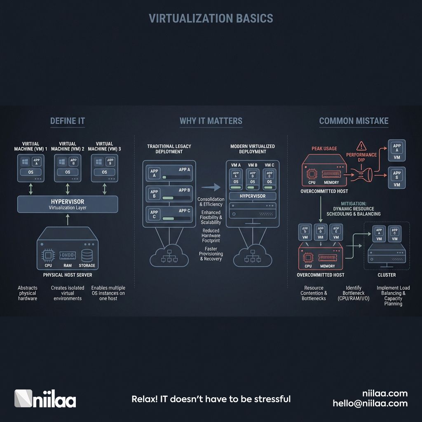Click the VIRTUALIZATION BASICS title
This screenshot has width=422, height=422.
[x=211, y=19]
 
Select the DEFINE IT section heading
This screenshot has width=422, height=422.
[x=68, y=121]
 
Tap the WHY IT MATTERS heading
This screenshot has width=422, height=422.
[x=211, y=121]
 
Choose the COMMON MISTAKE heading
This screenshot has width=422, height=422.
[x=354, y=121]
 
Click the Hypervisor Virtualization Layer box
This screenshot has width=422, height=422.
[x=68, y=204]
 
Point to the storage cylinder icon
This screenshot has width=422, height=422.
[x=87, y=255]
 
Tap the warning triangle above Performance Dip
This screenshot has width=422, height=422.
[x=361, y=145]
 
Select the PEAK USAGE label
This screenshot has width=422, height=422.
[x=324, y=148]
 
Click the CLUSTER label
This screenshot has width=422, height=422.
[x=387, y=275]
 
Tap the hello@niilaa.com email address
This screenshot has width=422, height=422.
[x=370, y=403]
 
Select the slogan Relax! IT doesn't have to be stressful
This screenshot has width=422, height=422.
[x=211, y=399]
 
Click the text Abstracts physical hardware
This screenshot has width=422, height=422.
[x=28, y=293]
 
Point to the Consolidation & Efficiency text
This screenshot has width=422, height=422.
[x=211, y=202]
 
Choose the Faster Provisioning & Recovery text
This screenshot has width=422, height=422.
[x=211, y=254]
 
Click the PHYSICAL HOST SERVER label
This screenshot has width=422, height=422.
[x=68, y=275]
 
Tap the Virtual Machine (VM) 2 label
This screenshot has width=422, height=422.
[x=68, y=146]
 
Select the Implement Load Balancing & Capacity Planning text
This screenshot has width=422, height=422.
[x=393, y=295]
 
